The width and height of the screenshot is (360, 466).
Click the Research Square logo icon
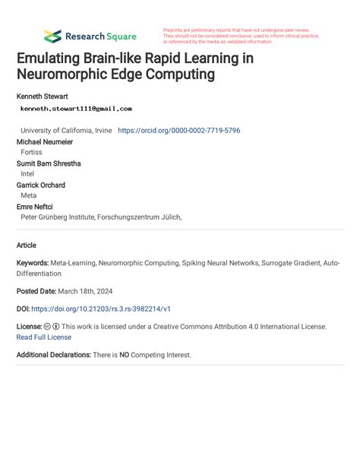tap(52, 36)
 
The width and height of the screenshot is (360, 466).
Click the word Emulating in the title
tap(52, 59)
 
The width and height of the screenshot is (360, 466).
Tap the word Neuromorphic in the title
tap(68, 74)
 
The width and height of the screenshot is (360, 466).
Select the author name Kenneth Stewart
tap(43, 97)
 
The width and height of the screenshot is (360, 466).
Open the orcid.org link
tap(179, 131)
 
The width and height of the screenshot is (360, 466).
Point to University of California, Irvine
tap(67, 131)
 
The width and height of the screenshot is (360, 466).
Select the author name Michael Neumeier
tap(46, 142)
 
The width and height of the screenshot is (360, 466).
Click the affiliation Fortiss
tap(31, 153)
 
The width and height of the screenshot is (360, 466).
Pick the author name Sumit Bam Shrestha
tap(49, 163)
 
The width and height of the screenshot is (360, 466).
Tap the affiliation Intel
tap(28, 174)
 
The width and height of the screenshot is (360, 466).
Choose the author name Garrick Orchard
tap(40, 185)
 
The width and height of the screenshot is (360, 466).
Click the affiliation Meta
tap(29, 195)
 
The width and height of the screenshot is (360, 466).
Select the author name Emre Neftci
tap(35, 206)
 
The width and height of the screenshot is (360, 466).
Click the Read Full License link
tap(44, 337)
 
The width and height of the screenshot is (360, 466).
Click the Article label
tap(27, 245)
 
